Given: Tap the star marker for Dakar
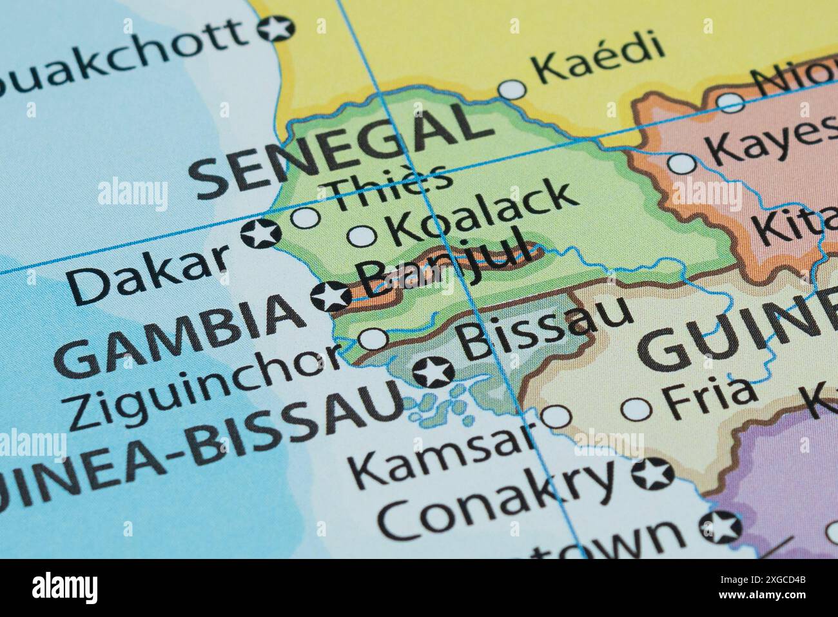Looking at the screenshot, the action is tap(262, 233).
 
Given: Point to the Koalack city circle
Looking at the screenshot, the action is tap(362, 236).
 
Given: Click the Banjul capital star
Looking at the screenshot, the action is tap(331, 297).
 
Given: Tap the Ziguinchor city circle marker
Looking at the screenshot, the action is tap(373, 338).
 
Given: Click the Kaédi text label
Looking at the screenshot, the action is tap(599, 59).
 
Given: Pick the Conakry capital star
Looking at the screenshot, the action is tap(652, 475).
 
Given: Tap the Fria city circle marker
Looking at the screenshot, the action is tap(636, 407).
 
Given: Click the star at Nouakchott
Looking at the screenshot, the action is tap(276, 28).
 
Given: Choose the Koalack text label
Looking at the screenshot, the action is tap(481, 213).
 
